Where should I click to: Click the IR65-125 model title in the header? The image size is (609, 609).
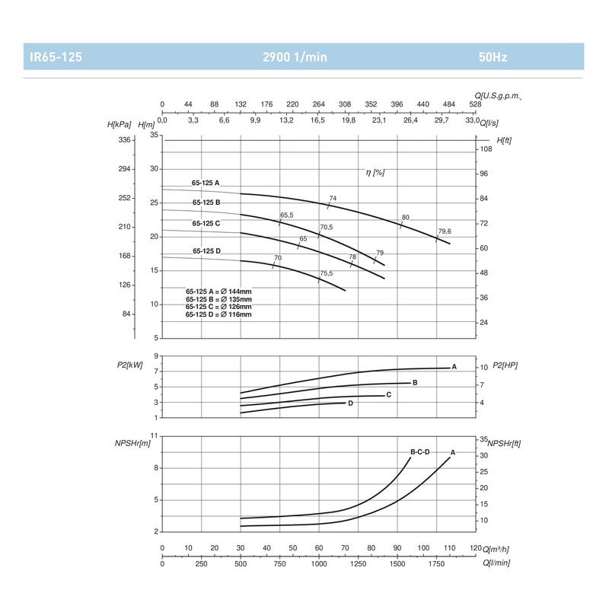pos(56,57)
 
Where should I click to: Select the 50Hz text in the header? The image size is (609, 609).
pos(493,57)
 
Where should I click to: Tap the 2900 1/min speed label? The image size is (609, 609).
pos(295,57)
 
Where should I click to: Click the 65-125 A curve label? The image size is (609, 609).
pos(206,183)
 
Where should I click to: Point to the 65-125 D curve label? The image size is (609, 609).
pos(206,251)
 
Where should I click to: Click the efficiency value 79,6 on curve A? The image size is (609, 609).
pos(445,231)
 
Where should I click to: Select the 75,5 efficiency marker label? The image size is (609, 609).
pos(327,273)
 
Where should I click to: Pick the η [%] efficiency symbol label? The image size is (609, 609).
pos(375,173)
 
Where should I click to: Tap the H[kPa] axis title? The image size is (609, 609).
pos(122,124)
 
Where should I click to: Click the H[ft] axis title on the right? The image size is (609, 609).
pos(504,141)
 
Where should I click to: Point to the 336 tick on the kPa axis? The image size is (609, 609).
pos(125,140)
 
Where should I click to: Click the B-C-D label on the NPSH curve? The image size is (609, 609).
pos(420,452)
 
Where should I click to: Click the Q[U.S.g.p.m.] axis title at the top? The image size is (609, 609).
pos(498,95)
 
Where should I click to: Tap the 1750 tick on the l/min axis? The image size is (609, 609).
pos(436,563)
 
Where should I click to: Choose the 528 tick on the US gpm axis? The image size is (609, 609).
pos(475,105)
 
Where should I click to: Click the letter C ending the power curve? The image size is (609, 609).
pos(389,394)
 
